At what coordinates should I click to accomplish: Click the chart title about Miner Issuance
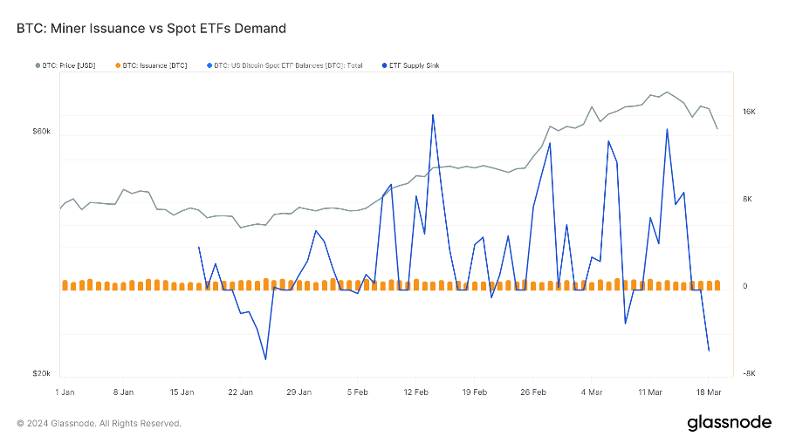(151, 28)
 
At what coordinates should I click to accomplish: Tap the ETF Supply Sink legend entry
(420, 65)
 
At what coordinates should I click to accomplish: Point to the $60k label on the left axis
(42, 131)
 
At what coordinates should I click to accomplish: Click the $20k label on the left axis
(42, 373)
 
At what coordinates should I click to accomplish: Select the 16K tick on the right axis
(749, 112)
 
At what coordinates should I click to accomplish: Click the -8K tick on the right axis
(748, 374)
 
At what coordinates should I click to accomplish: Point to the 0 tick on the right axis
(744, 287)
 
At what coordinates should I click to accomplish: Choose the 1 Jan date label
(65, 392)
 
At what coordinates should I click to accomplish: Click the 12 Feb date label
(415, 392)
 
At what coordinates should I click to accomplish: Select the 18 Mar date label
(709, 392)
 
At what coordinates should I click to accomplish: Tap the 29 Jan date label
(298, 392)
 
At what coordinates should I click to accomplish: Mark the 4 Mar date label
(591, 392)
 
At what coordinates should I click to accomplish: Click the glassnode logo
(729, 423)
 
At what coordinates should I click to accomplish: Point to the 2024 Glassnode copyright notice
(99, 424)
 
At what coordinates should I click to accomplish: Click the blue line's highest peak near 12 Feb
(433, 115)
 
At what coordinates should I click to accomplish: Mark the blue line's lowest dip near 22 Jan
(265, 358)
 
